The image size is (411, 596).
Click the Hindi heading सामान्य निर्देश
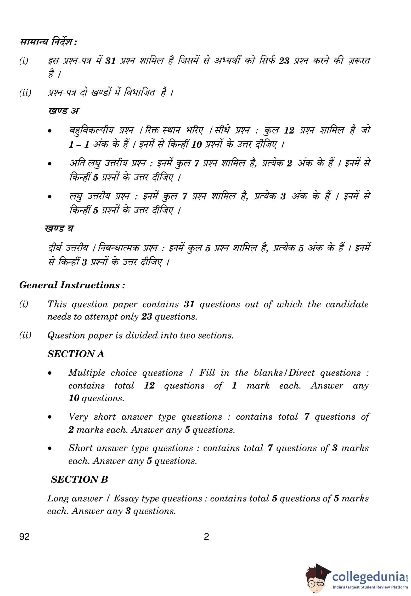pyautogui.click(x=48, y=42)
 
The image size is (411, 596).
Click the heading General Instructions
pyautogui.click(x=72, y=285)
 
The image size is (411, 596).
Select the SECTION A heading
pyautogui.click(x=76, y=354)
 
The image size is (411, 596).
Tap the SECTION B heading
pyautogui.click(x=79, y=479)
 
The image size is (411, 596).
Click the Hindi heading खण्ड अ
pyautogui.click(x=63, y=111)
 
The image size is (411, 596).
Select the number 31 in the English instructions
pyautogui.click(x=189, y=304)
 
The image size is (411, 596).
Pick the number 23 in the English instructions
pyautogui.click(x=147, y=317)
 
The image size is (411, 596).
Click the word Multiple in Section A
pyautogui.click(x=87, y=373)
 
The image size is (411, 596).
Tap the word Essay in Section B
pyautogui.click(x=127, y=499)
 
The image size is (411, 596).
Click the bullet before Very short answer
pyautogui.click(x=49, y=417)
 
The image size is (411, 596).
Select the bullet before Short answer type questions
pyautogui.click(x=49, y=449)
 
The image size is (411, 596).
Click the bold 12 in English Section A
pyautogui.click(x=149, y=386)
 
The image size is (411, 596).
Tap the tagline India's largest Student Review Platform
pyautogui.click(x=370, y=587)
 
